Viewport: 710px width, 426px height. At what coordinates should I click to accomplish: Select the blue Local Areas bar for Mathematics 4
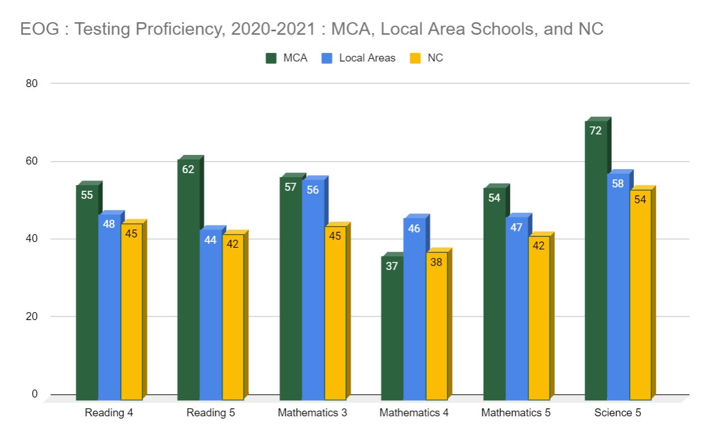(x=415, y=308)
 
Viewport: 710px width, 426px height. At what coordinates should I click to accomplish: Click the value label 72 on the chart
(x=596, y=131)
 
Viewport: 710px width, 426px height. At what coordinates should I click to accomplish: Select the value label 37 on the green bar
(x=391, y=266)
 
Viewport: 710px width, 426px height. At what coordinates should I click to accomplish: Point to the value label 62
(x=188, y=169)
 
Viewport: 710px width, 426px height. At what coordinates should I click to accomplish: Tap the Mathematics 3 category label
(x=312, y=412)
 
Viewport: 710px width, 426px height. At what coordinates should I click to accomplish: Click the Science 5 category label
(x=618, y=412)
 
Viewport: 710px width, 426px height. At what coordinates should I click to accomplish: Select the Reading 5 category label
(x=210, y=412)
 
